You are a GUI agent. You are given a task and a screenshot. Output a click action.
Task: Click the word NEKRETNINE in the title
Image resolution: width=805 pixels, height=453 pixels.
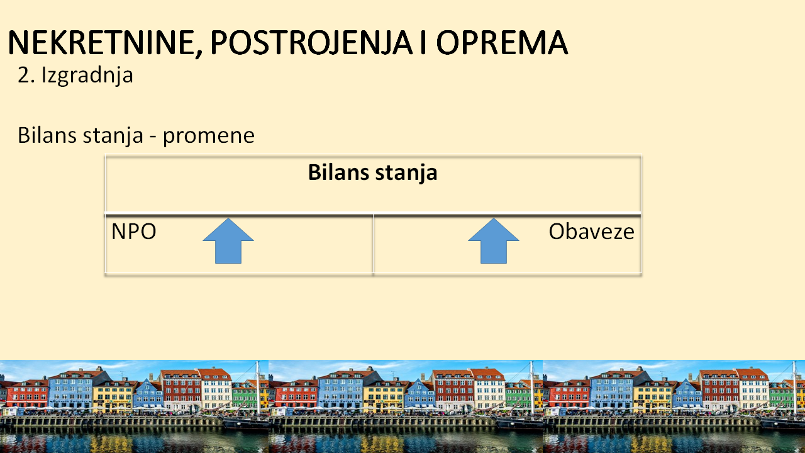click(102, 42)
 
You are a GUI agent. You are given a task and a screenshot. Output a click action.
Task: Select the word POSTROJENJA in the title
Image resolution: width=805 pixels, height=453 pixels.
click(311, 43)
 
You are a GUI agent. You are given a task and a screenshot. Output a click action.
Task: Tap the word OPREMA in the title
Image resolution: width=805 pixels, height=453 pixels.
click(502, 42)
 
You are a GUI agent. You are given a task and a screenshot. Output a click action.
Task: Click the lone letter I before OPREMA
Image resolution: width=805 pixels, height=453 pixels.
click(423, 42)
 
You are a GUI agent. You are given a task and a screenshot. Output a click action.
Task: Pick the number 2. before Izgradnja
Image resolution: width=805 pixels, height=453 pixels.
click(26, 75)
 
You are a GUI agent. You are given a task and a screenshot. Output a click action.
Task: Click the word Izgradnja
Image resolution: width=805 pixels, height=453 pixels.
click(87, 76)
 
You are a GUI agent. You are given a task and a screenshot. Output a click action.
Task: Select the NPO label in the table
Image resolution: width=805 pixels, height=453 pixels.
click(134, 232)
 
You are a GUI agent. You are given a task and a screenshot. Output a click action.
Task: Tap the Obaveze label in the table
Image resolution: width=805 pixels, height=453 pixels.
click(592, 232)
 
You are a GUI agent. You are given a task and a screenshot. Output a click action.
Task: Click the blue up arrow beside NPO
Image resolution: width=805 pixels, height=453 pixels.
click(228, 241)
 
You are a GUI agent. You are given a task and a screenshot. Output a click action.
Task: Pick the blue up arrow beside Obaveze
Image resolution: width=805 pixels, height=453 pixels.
click(494, 241)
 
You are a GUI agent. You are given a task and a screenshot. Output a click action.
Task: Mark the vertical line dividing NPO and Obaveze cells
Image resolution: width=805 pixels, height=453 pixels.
click(374, 243)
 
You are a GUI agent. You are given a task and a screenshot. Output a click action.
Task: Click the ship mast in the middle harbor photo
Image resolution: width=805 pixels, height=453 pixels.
click(531, 388)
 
